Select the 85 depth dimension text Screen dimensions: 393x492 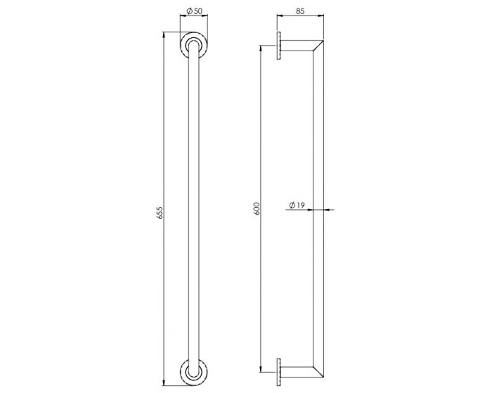point(300,11)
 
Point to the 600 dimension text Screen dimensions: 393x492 point(257,208)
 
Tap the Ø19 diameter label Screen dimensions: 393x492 point(297,206)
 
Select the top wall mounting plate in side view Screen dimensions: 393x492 point(279,48)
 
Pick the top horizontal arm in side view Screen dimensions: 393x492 point(299,46)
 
